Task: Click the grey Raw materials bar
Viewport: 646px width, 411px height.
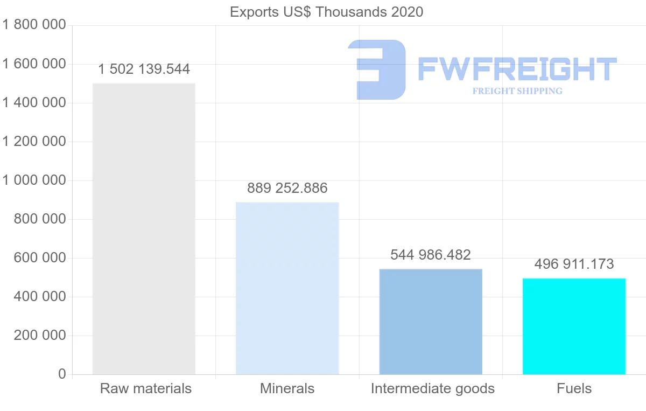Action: (144, 229)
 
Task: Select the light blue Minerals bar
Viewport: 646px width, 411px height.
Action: (287, 288)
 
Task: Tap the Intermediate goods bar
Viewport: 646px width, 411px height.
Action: (431, 322)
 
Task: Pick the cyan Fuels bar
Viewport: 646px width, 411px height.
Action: (574, 326)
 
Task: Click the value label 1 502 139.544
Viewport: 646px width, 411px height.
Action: (144, 69)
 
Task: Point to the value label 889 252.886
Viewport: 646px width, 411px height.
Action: (287, 189)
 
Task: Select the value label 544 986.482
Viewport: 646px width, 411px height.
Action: (431, 255)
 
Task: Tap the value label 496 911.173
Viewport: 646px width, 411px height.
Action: (574, 264)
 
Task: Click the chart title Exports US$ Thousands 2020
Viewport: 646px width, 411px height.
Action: (326, 12)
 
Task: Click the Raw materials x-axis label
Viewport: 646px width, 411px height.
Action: (146, 388)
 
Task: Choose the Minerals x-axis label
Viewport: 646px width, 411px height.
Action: (287, 388)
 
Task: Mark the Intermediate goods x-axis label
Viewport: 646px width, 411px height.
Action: (432, 388)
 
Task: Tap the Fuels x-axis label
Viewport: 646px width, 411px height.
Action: (574, 388)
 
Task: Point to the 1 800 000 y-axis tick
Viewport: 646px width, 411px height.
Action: (34, 25)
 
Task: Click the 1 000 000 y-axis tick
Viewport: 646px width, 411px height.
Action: (34, 180)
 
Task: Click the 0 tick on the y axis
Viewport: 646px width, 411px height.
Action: (62, 374)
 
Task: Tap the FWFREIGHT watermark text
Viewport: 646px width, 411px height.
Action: (517, 69)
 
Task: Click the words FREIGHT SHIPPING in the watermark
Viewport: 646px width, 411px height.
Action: (517, 91)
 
